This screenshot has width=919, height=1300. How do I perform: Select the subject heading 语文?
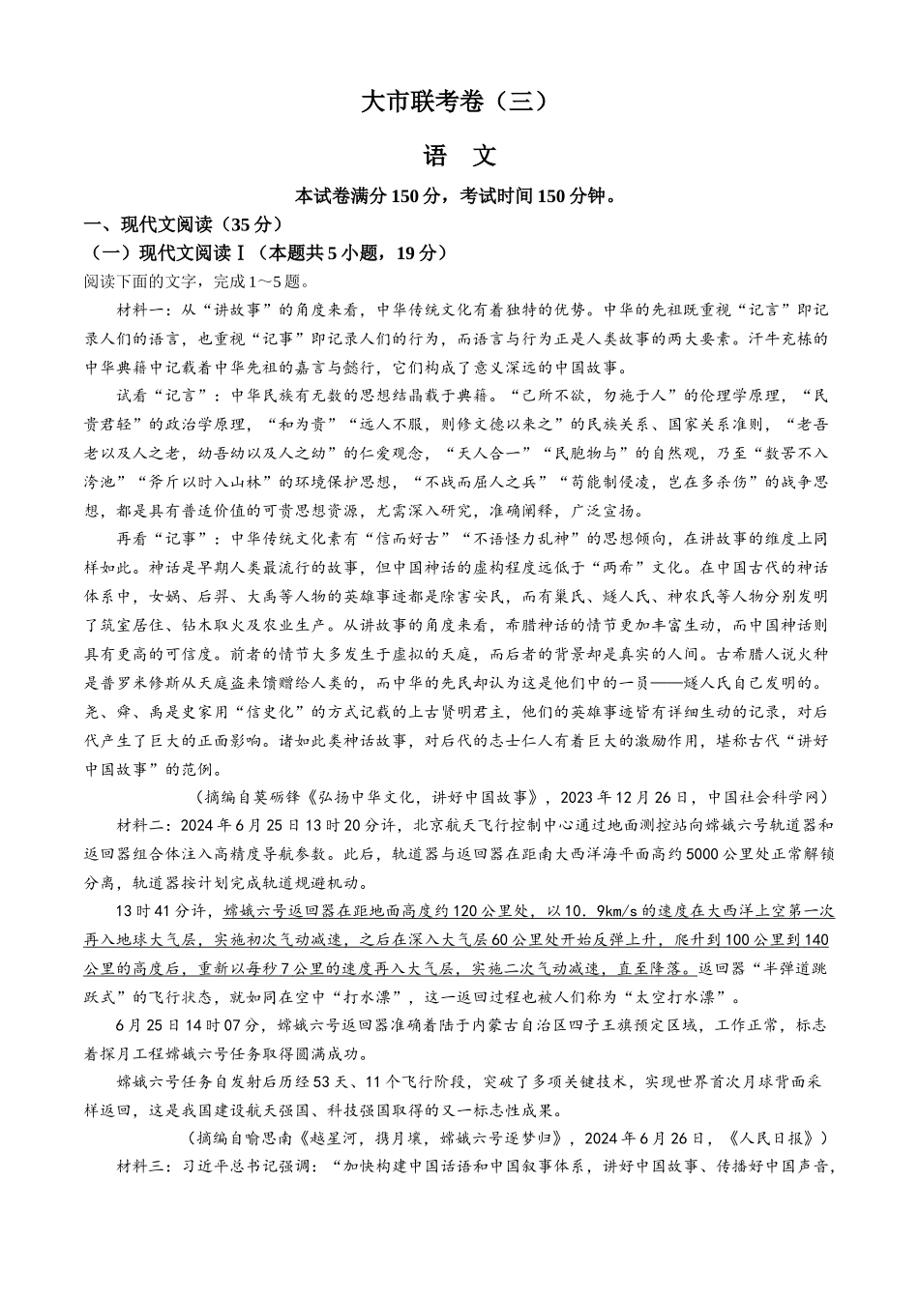pos(459,156)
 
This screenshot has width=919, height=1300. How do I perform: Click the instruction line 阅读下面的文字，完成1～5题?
pos(197,281)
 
